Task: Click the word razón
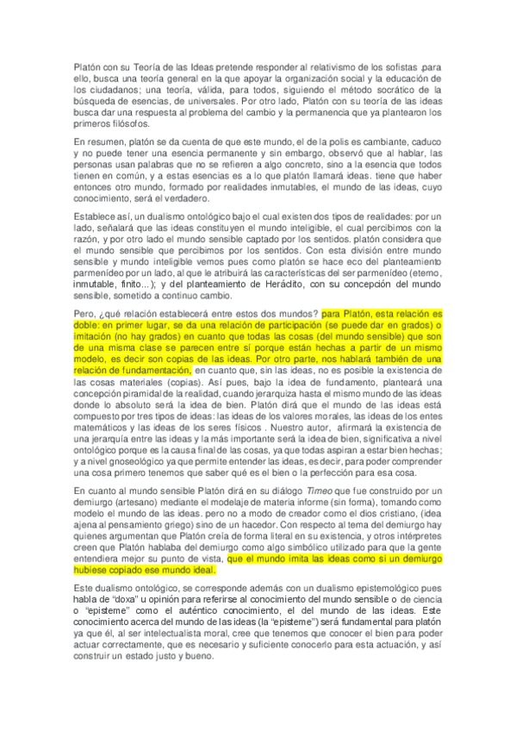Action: tap(86, 241)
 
